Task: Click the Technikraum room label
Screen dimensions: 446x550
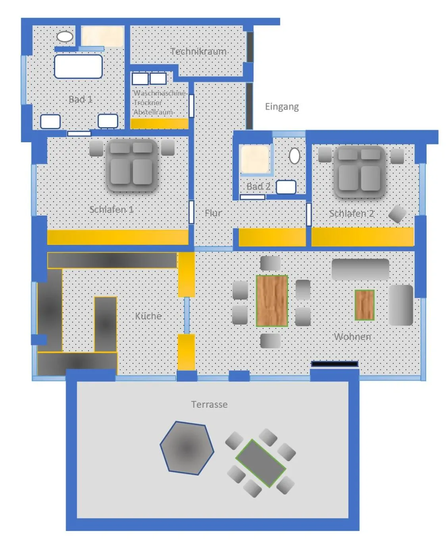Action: click(x=198, y=51)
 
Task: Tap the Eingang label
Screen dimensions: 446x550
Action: click(x=282, y=106)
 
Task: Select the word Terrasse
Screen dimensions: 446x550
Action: click(x=209, y=404)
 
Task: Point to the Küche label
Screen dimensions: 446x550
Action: click(x=148, y=316)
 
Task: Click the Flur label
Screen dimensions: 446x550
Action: click(x=213, y=213)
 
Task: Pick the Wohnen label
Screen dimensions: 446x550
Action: click(x=352, y=336)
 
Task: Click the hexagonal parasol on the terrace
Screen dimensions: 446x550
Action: click(x=186, y=448)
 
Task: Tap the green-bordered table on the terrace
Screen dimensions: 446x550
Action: click(x=260, y=463)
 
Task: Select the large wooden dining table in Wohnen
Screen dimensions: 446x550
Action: click(x=272, y=301)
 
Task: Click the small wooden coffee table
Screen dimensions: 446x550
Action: click(x=364, y=305)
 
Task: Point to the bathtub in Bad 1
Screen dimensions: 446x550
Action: click(x=78, y=66)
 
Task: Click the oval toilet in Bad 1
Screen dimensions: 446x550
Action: click(x=65, y=36)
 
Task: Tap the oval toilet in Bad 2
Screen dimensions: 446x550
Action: click(x=294, y=156)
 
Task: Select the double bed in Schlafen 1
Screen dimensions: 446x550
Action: click(x=132, y=165)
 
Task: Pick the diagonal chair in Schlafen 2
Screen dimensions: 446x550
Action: click(x=397, y=214)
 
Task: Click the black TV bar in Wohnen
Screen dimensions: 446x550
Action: click(x=334, y=364)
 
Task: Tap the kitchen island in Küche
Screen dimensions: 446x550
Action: click(x=105, y=324)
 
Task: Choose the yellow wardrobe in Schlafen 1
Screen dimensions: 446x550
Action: click(x=117, y=237)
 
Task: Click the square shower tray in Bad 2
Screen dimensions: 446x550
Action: click(x=255, y=159)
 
